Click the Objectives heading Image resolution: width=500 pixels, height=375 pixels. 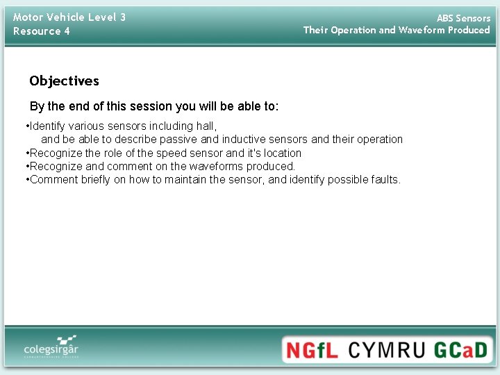pyautogui.click(x=64, y=81)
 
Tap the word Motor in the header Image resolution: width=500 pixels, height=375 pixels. pyautogui.click(x=28, y=17)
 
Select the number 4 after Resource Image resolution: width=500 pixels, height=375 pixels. pyautogui.click(x=67, y=31)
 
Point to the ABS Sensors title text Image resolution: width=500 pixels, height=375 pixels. pyautogui.click(x=462, y=18)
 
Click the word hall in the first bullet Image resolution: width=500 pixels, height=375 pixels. pyautogui.click(x=207, y=126)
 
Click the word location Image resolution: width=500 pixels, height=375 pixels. pyautogui.click(x=282, y=153)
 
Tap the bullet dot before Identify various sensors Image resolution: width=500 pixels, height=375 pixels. pyautogui.click(x=26, y=126)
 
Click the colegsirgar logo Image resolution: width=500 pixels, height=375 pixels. pyautogui.click(x=51, y=345)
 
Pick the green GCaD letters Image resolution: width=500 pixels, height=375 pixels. pyautogui.click(x=461, y=349)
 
